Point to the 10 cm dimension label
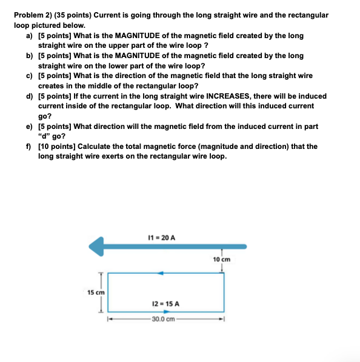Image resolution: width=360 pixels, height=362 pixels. (x=222, y=259)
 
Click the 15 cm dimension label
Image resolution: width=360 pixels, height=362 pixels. (x=96, y=292)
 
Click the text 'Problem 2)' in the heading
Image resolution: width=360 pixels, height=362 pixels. (x=32, y=13)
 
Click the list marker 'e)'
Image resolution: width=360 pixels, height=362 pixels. (x=29, y=126)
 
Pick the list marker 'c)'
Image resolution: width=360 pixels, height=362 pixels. (x=29, y=76)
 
